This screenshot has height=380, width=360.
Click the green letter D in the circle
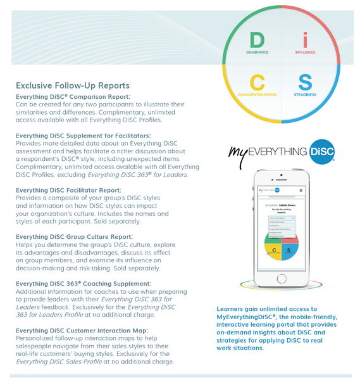256,40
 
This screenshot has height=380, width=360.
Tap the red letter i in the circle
305,40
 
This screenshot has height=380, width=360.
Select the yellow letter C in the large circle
257,82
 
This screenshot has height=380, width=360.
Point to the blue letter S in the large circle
305,82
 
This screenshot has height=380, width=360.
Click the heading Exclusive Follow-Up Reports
72,85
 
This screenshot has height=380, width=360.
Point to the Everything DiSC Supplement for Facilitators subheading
83,136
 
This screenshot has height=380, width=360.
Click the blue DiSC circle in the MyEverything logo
323,153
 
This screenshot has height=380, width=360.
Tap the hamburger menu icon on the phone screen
301,190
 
